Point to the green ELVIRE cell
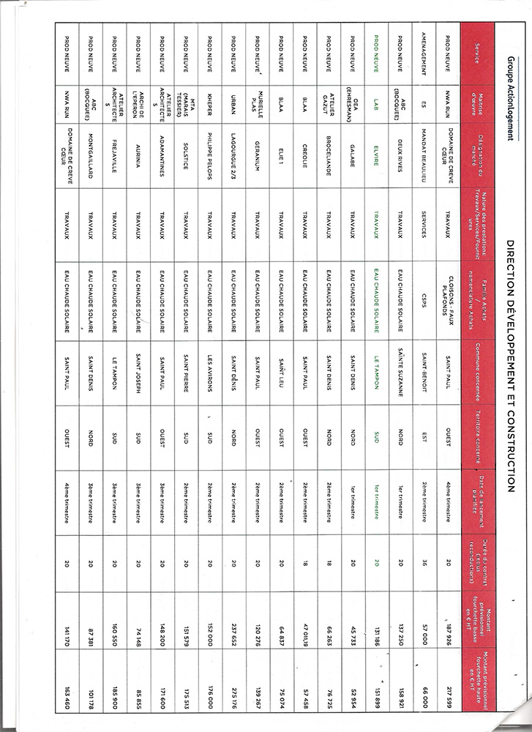coord(376,156)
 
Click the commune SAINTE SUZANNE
coord(400,380)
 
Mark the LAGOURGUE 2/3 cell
coord(233,156)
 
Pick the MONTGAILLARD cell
coord(89,156)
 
